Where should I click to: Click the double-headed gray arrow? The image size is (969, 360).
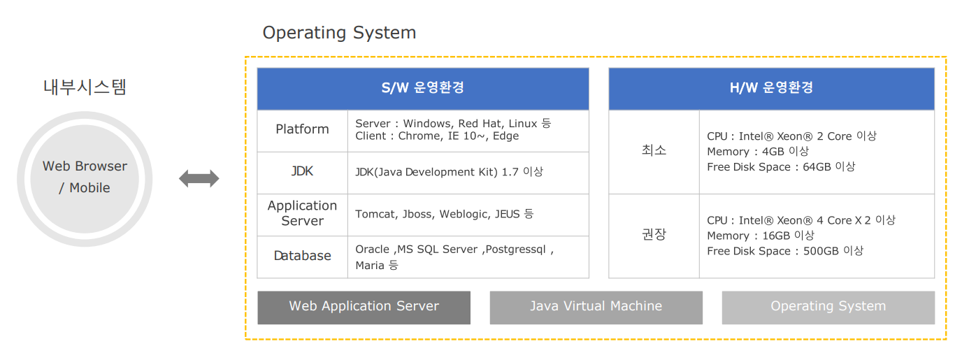click(x=199, y=179)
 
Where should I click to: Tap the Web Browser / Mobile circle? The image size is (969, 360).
click(x=85, y=179)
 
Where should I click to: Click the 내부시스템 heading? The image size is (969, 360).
click(x=85, y=87)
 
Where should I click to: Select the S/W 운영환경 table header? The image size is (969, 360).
click(x=423, y=89)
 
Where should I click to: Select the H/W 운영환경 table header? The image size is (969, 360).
click(x=771, y=89)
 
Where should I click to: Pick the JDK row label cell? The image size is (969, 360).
click(x=303, y=173)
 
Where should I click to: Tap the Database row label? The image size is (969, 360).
click(x=303, y=257)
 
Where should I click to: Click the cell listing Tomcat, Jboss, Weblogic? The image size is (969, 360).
click(x=468, y=215)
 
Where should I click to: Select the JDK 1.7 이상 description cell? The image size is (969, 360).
click(x=468, y=173)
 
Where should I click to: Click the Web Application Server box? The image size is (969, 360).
click(x=364, y=308)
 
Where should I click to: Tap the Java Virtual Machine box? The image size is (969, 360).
click(x=596, y=308)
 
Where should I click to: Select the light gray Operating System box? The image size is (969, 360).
click(x=828, y=308)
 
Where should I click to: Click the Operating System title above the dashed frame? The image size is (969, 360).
click(x=339, y=33)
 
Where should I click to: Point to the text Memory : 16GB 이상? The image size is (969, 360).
click(x=761, y=236)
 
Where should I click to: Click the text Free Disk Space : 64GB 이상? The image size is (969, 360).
click(x=781, y=167)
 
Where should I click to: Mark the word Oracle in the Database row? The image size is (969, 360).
click(x=373, y=250)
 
